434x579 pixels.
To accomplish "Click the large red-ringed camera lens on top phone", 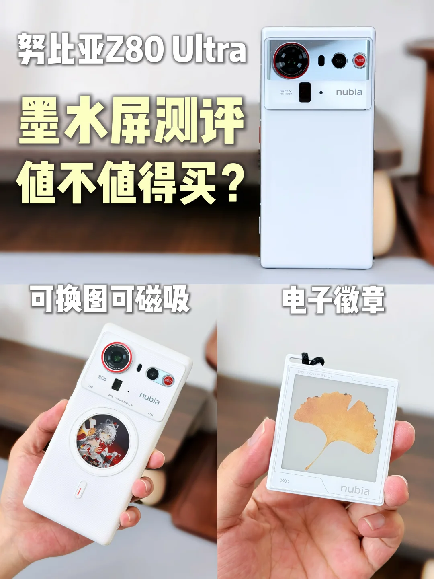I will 291,60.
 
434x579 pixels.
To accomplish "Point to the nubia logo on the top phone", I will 349,92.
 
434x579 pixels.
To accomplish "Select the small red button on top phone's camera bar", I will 360,61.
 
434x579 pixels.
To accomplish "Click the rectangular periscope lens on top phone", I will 305,92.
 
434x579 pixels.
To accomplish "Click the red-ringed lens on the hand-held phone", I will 116,356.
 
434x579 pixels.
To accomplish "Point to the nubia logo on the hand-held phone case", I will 149,398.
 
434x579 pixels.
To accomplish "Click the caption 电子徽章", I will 333,300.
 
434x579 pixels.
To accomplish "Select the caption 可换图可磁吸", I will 110,299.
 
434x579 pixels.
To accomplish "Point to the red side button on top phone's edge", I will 260,135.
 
